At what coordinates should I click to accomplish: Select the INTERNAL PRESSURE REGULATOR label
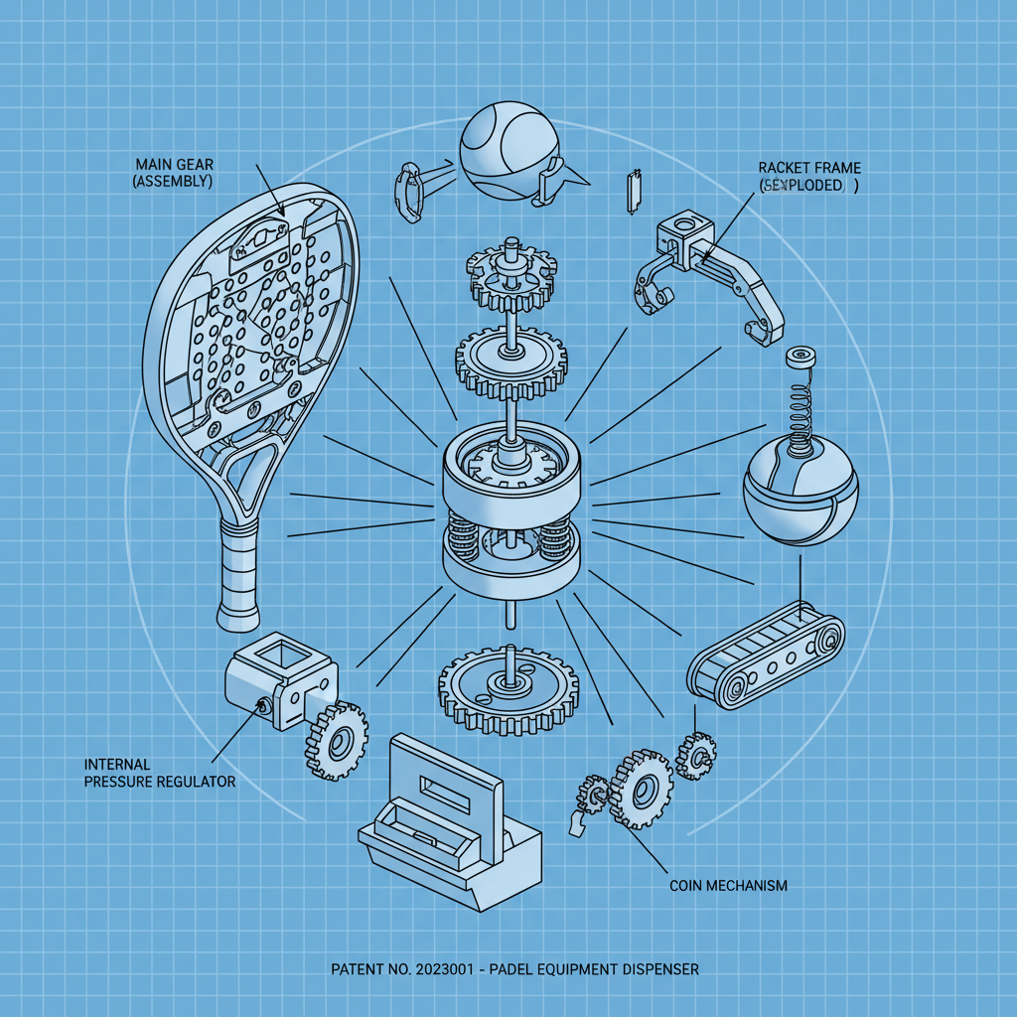pyautogui.click(x=160, y=773)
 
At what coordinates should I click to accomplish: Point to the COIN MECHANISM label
pyautogui.click(x=728, y=885)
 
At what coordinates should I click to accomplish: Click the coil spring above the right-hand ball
pyautogui.click(x=798, y=406)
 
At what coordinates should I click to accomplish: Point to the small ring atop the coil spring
pyautogui.click(x=799, y=356)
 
